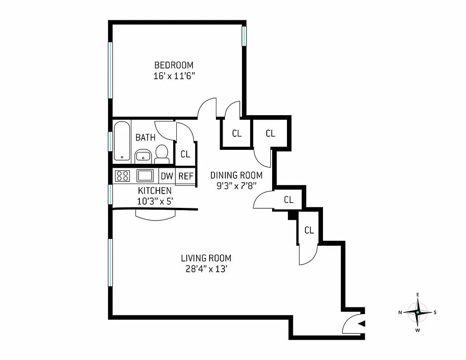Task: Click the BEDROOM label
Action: (x=174, y=65)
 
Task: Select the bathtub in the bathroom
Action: (x=122, y=141)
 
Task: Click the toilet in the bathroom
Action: (x=161, y=154)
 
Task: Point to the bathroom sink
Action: (x=143, y=156)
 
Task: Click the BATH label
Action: (x=145, y=137)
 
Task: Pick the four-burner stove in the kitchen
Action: (x=122, y=175)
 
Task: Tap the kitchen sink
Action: (x=145, y=175)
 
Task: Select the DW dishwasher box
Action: (x=167, y=176)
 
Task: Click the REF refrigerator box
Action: (x=186, y=176)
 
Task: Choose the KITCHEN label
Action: (x=154, y=191)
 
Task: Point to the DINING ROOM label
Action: (x=236, y=175)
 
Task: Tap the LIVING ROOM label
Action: (x=206, y=258)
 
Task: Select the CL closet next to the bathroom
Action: (x=185, y=154)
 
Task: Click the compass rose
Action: (x=418, y=312)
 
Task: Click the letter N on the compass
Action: (x=400, y=312)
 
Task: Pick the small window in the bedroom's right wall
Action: (x=244, y=36)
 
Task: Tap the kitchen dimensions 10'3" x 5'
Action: (x=154, y=201)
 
